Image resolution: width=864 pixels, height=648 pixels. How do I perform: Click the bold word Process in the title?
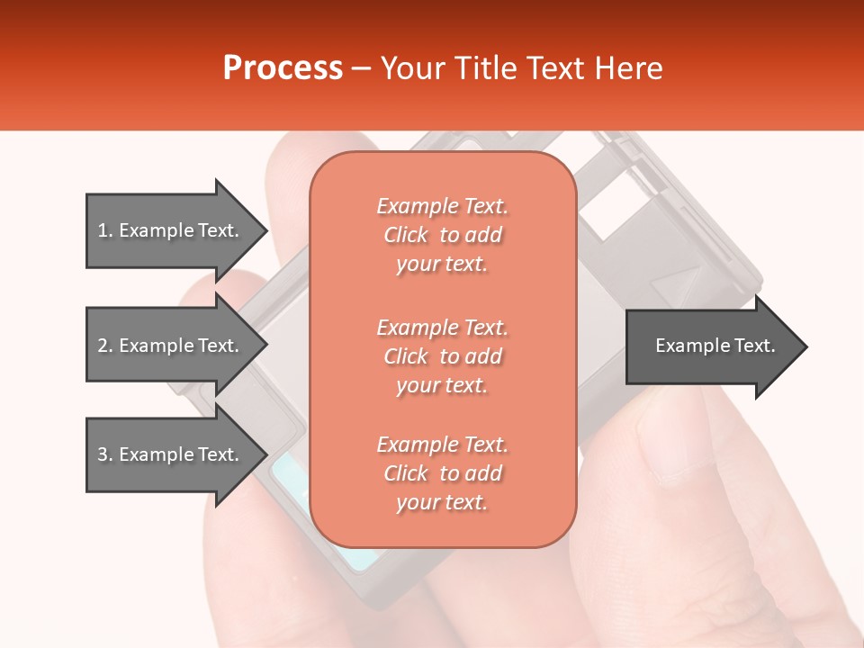(x=283, y=68)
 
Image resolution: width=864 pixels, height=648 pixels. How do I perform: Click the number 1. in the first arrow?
(x=105, y=230)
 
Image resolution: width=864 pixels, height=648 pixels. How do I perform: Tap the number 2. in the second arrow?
(x=105, y=346)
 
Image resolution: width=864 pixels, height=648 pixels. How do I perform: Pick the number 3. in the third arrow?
(x=105, y=454)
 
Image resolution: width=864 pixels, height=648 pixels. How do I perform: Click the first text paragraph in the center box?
(x=442, y=235)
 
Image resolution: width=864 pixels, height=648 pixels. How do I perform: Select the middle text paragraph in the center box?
(x=442, y=355)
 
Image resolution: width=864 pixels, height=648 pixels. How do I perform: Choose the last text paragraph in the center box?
(x=442, y=473)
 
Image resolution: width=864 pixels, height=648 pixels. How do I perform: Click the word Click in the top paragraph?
(x=405, y=235)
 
